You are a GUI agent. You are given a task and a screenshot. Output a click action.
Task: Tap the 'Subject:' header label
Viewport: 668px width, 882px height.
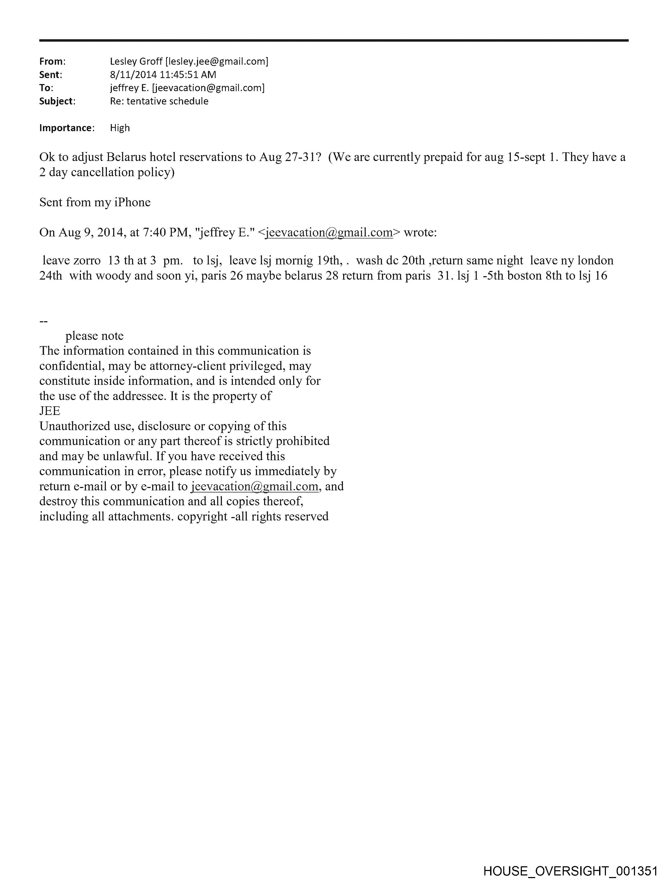pyautogui.click(x=57, y=101)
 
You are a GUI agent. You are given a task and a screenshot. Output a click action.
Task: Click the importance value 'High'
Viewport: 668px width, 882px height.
pyautogui.click(x=120, y=128)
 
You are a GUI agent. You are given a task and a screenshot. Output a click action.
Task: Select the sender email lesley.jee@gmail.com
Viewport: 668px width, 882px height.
pyautogui.click(x=217, y=62)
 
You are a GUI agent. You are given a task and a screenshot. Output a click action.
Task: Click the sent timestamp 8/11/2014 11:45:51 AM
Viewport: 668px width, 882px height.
pyautogui.click(x=163, y=75)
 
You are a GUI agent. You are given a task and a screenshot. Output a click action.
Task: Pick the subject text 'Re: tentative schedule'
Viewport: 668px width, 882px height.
pyautogui.click(x=159, y=101)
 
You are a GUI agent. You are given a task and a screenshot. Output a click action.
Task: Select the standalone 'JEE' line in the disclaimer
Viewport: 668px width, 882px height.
pyautogui.click(x=50, y=411)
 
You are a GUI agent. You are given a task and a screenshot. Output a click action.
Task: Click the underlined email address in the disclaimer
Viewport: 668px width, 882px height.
pyautogui.click(x=255, y=486)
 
